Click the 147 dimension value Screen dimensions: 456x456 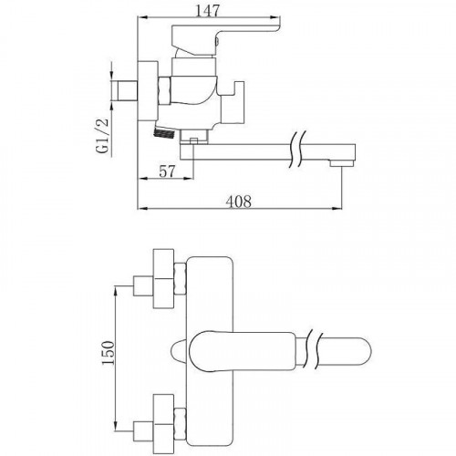click(x=208, y=11)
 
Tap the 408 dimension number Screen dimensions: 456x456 click(x=239, y=202)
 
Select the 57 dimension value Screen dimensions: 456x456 click(x=168, y=171)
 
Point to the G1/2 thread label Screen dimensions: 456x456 click(x=103, y=136)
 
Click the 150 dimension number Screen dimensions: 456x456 click(x=109, y=353)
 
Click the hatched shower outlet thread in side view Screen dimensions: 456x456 click(x=164, y=133)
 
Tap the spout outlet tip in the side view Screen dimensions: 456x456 click(x=342, y=163)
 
